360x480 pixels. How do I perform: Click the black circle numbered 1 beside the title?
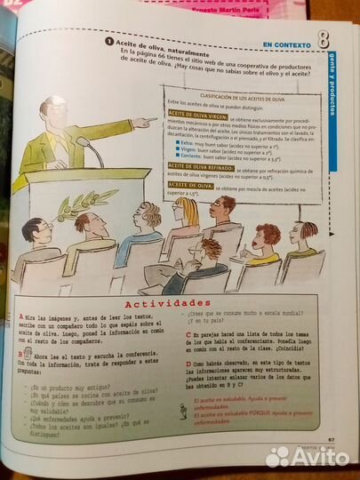[x=108, y=41]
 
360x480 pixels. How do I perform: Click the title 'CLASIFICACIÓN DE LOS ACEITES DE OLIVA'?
[x=234, y=95]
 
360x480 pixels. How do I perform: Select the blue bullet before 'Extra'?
[x=179, y=141]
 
